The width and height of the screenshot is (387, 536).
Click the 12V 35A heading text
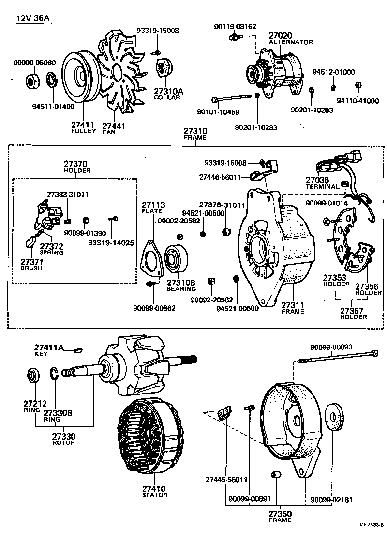[33, 19]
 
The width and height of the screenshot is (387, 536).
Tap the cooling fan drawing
[121, 73]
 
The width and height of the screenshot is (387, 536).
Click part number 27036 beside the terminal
[317, 180]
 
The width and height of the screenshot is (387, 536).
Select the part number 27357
[353, 311]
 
